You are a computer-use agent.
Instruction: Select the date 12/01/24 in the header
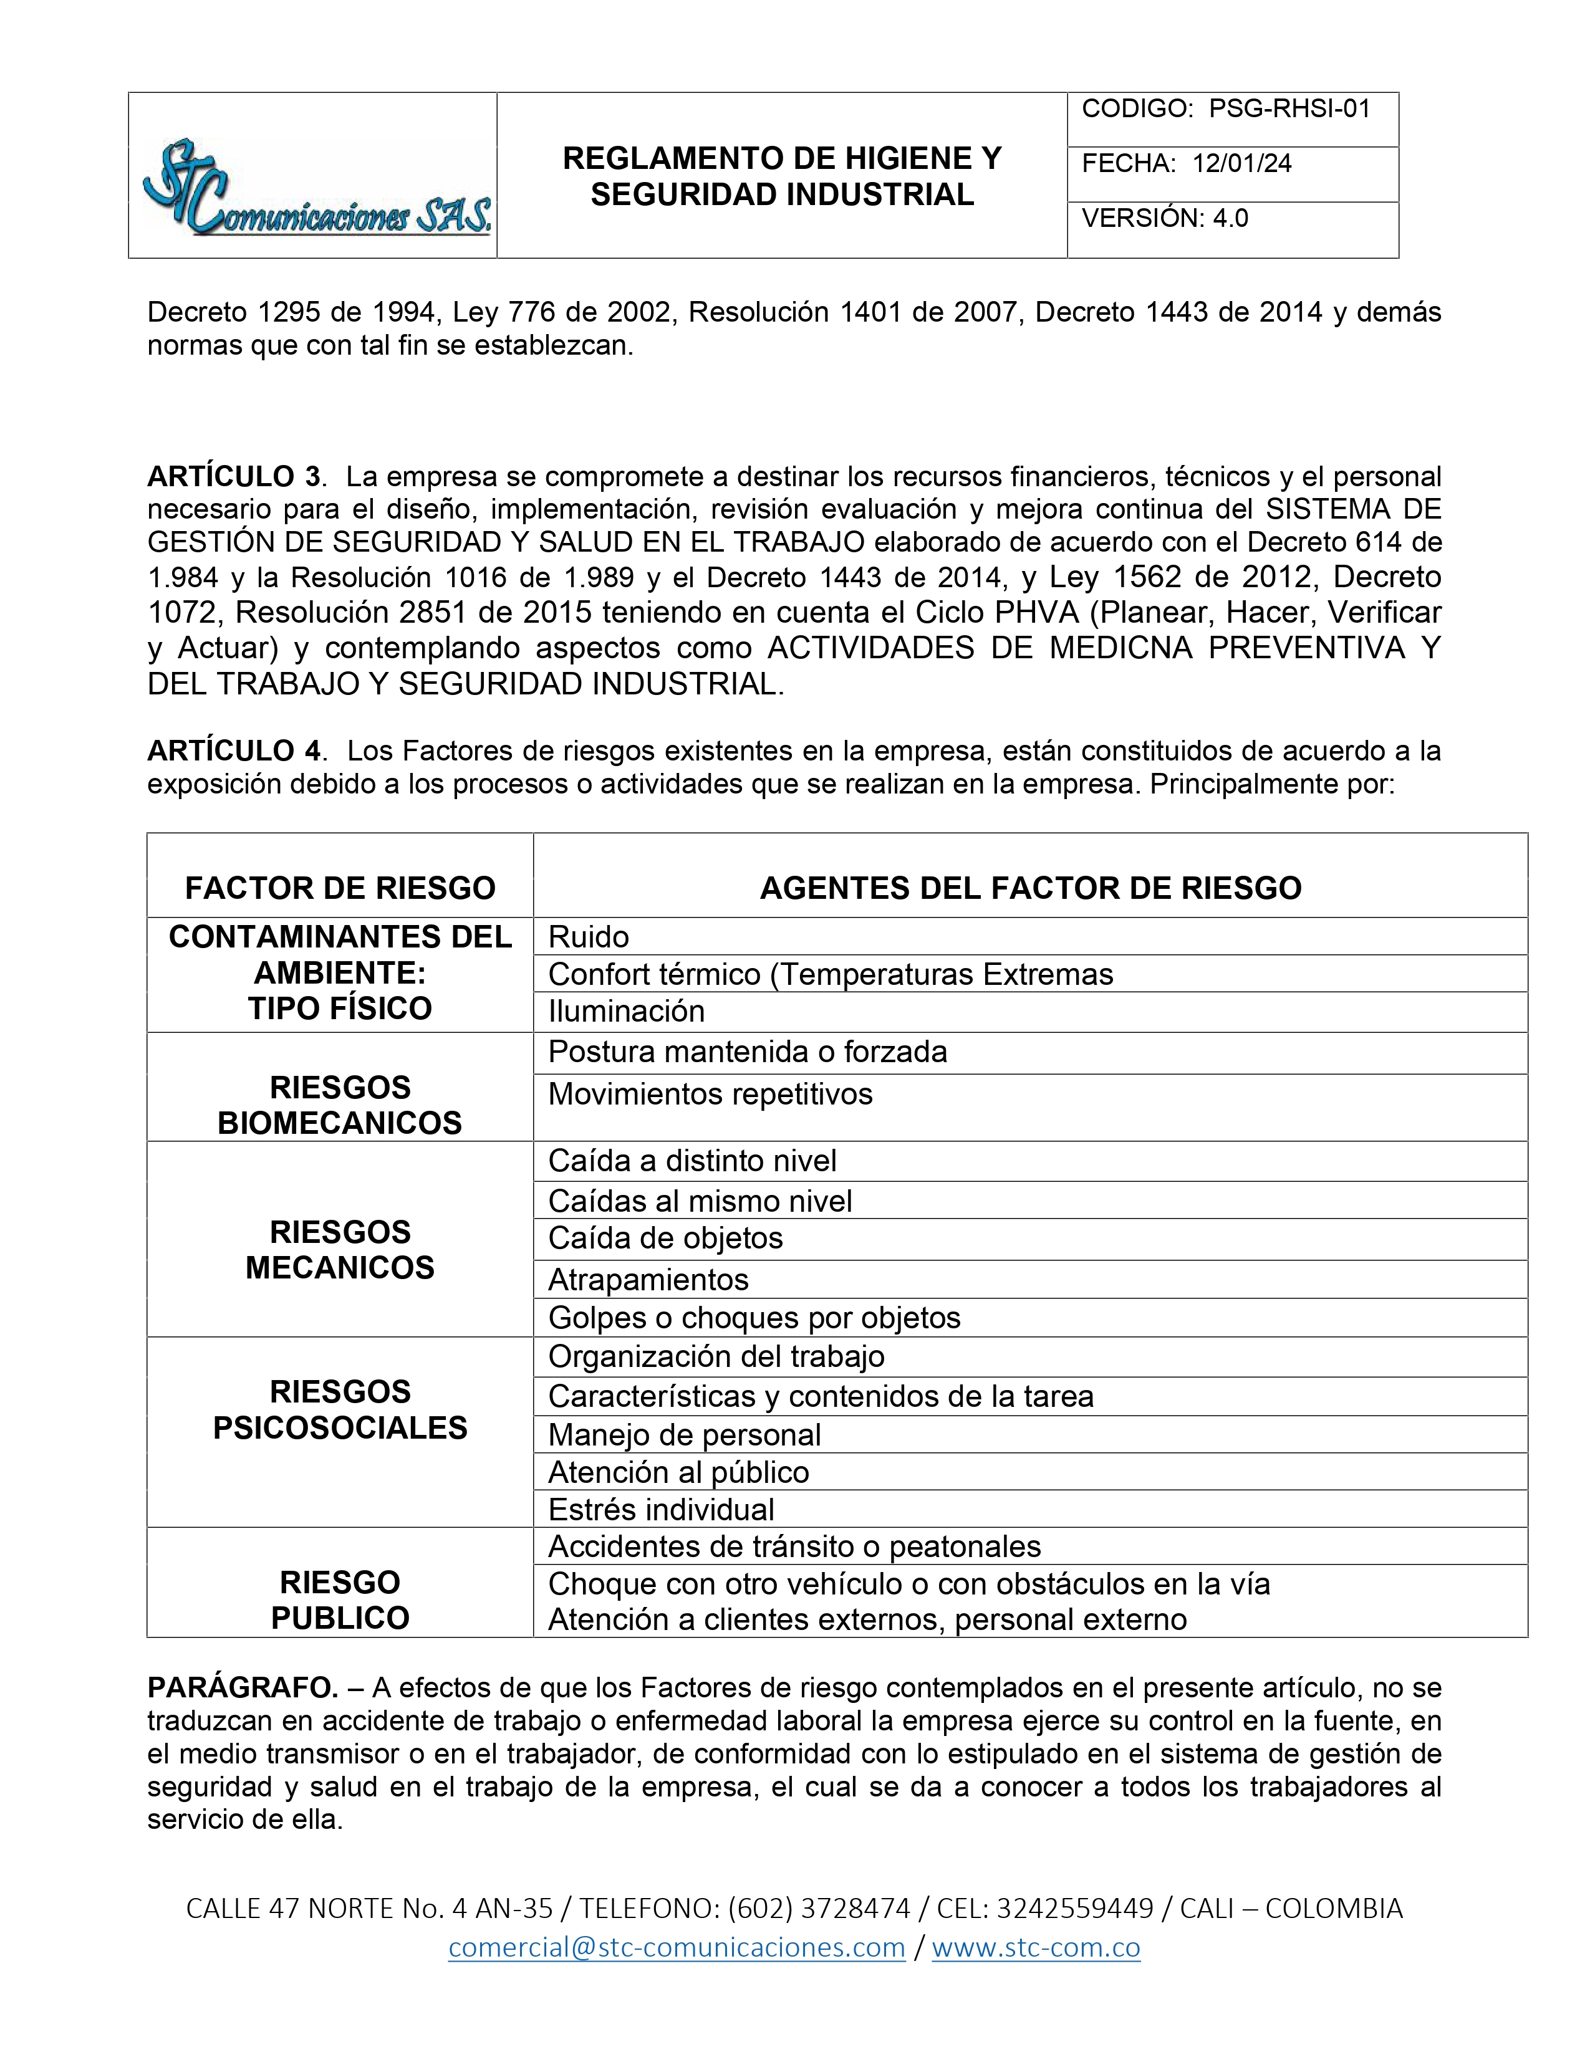[1241, 164]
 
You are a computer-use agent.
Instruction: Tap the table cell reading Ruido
[589, 937]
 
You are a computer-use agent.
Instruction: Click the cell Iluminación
[627, 1012]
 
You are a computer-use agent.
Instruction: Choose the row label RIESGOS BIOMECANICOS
[340, 1105]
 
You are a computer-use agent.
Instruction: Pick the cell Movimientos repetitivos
[710, 1095]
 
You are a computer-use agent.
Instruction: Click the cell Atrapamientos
[648, 1280]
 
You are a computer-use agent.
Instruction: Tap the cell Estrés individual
[661, 1510]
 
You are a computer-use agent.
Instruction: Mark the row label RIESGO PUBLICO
[340, 1599]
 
